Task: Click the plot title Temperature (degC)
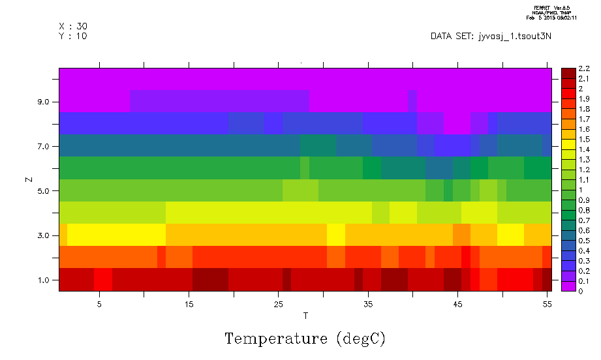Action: coord(305,338)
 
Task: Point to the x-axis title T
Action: coord(305,316)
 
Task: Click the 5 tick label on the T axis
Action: coord(99,304)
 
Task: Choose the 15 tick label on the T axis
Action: coord(189,304)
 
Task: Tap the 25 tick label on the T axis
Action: coord(278,304)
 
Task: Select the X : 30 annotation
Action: coord(73,26)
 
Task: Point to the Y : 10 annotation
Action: coord(73,36)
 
